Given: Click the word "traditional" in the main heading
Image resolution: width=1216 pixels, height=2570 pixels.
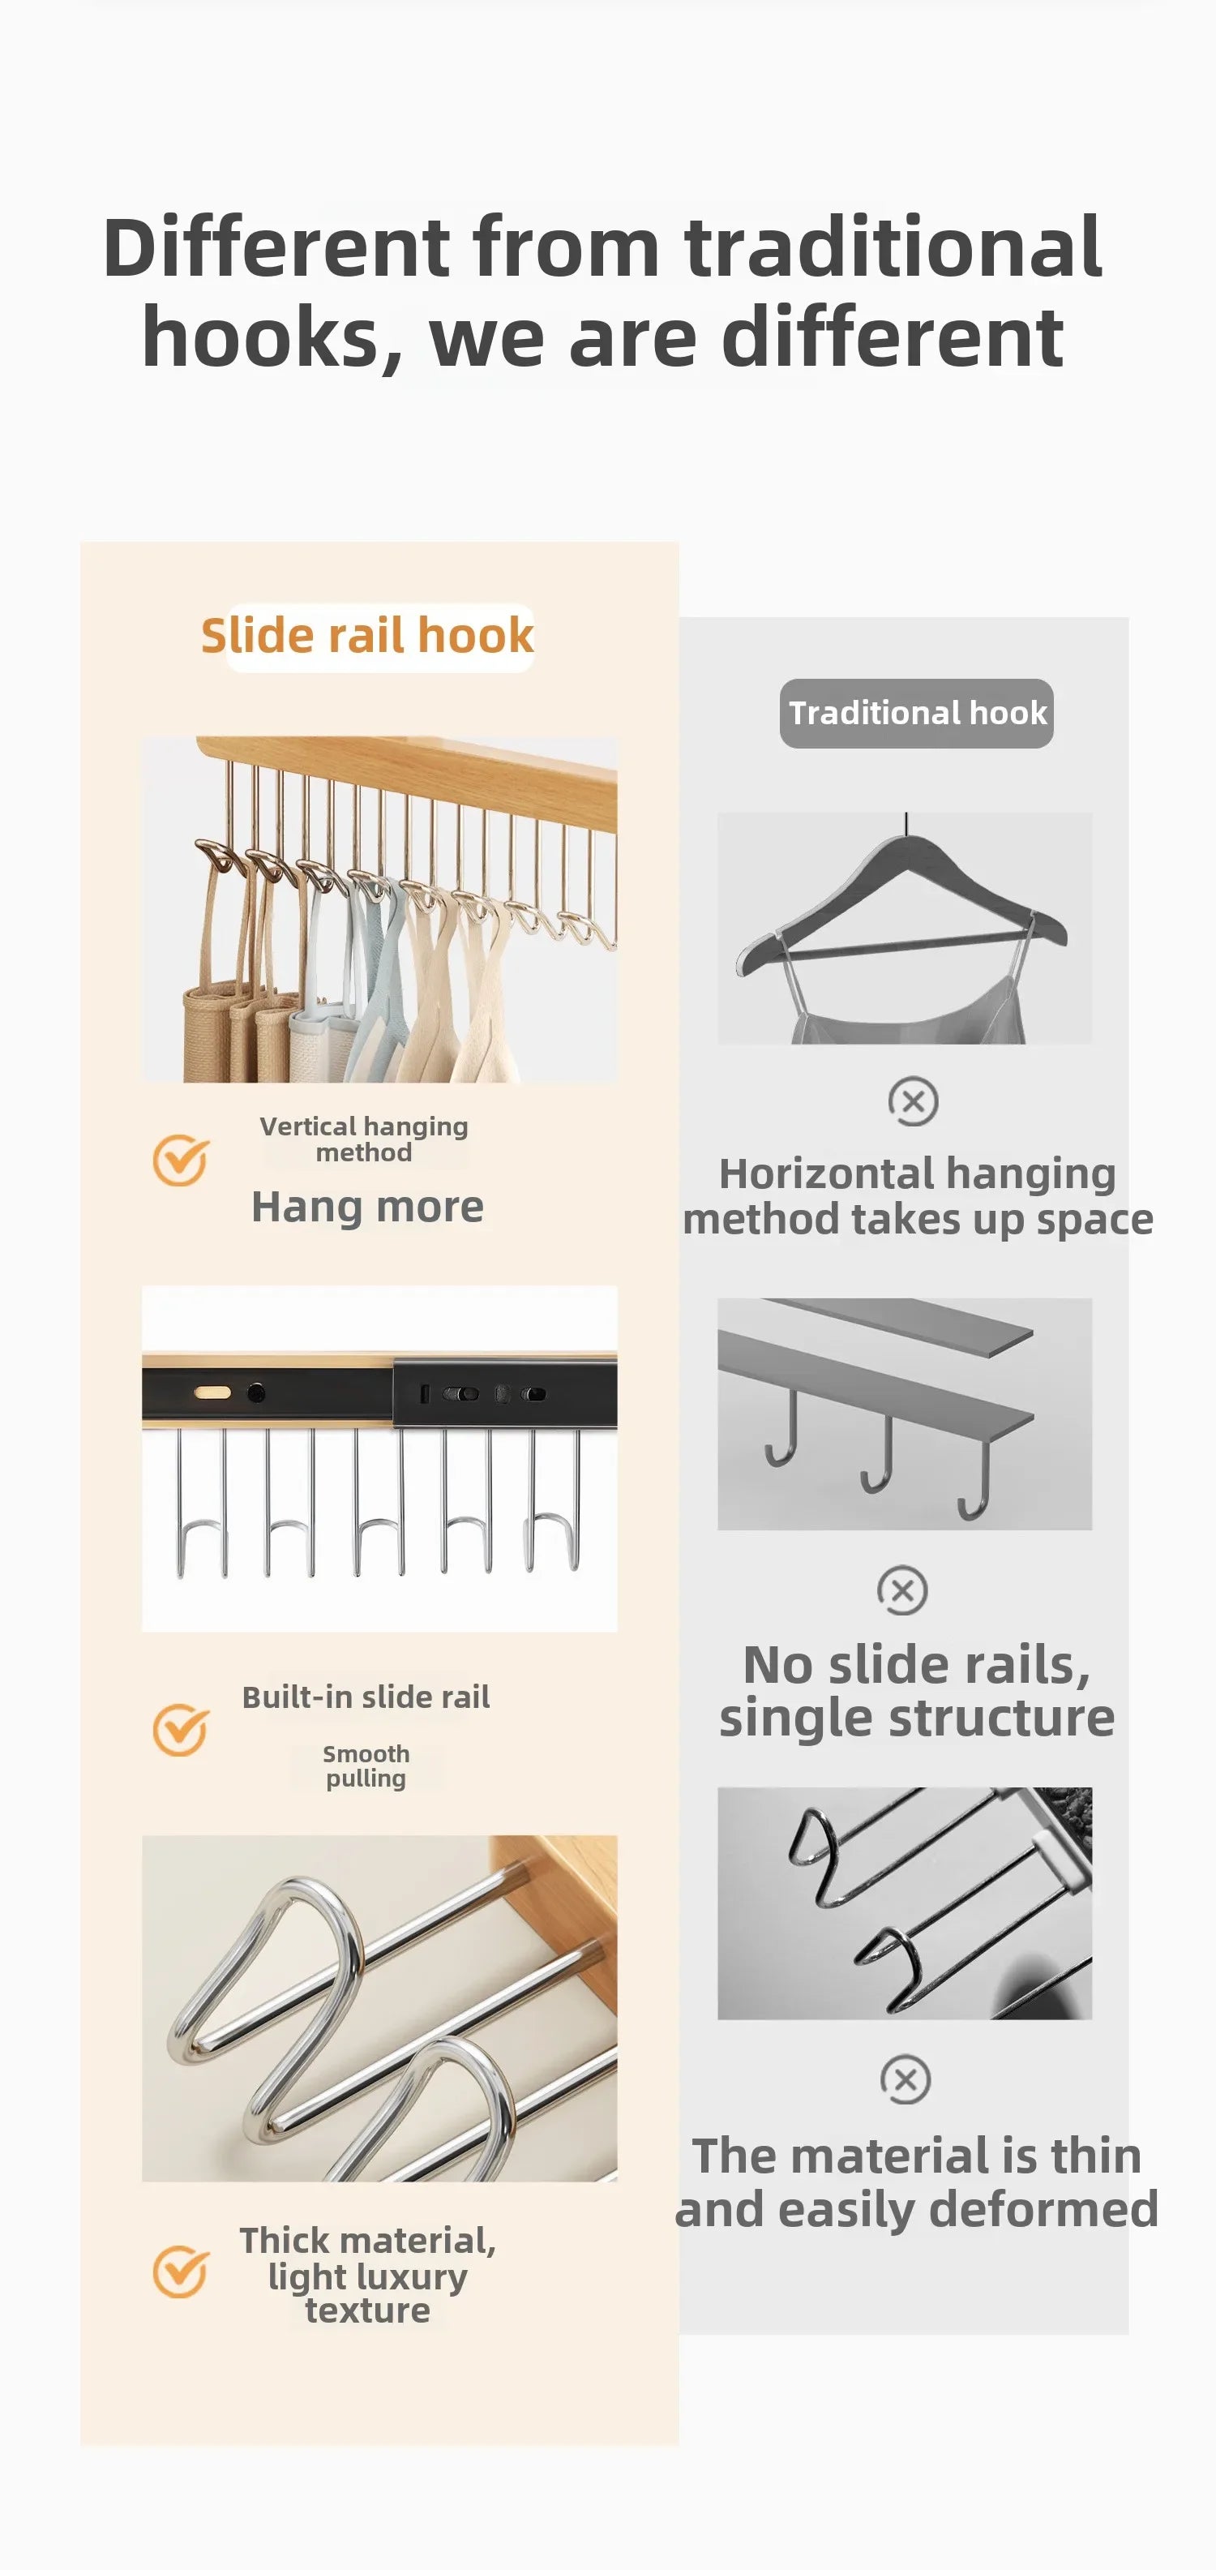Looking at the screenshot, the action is pyautogui.click(x=893, y=247).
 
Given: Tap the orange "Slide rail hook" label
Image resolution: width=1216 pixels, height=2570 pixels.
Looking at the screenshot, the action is pyautogui.click(x=367, y=636).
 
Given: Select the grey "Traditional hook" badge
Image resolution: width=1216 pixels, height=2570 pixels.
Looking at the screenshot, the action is pyautogui.click(x=916, y=714).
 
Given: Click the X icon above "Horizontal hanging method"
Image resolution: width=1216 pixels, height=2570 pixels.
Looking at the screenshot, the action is pyautogui.click(x=913, y=1101).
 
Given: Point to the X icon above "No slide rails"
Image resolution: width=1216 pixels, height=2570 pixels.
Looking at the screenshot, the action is pyautogui.click(x=901, y=1590).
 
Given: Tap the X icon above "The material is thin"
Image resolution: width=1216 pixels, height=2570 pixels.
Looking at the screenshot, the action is pyautogui.click(x=905, y=2079).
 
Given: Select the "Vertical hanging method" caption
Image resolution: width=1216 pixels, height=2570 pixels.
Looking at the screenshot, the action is pyautogui.click(x=364, y=1139).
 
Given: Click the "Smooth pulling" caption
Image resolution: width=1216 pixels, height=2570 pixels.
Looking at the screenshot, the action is pyautogui.click(x=366, y=1765).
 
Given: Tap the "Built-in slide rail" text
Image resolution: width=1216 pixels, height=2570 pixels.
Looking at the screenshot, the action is pyautogui.click(x=366, y=1696).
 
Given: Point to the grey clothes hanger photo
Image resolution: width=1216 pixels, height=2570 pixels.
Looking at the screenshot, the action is pyautogui.click(x=905, y=928).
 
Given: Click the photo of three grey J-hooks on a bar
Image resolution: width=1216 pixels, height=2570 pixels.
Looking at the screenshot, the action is pyautogui.click(x=905, y=1414).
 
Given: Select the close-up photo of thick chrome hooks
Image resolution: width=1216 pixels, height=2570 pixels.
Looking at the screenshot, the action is pyautogui.click(x=379, y=2007).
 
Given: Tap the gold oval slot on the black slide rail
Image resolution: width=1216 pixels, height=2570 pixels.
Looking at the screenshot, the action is pyautogui.click(x=212, y=1392).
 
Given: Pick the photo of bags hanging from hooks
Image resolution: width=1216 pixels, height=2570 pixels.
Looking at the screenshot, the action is pyautogui.click(x=379, y=909).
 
